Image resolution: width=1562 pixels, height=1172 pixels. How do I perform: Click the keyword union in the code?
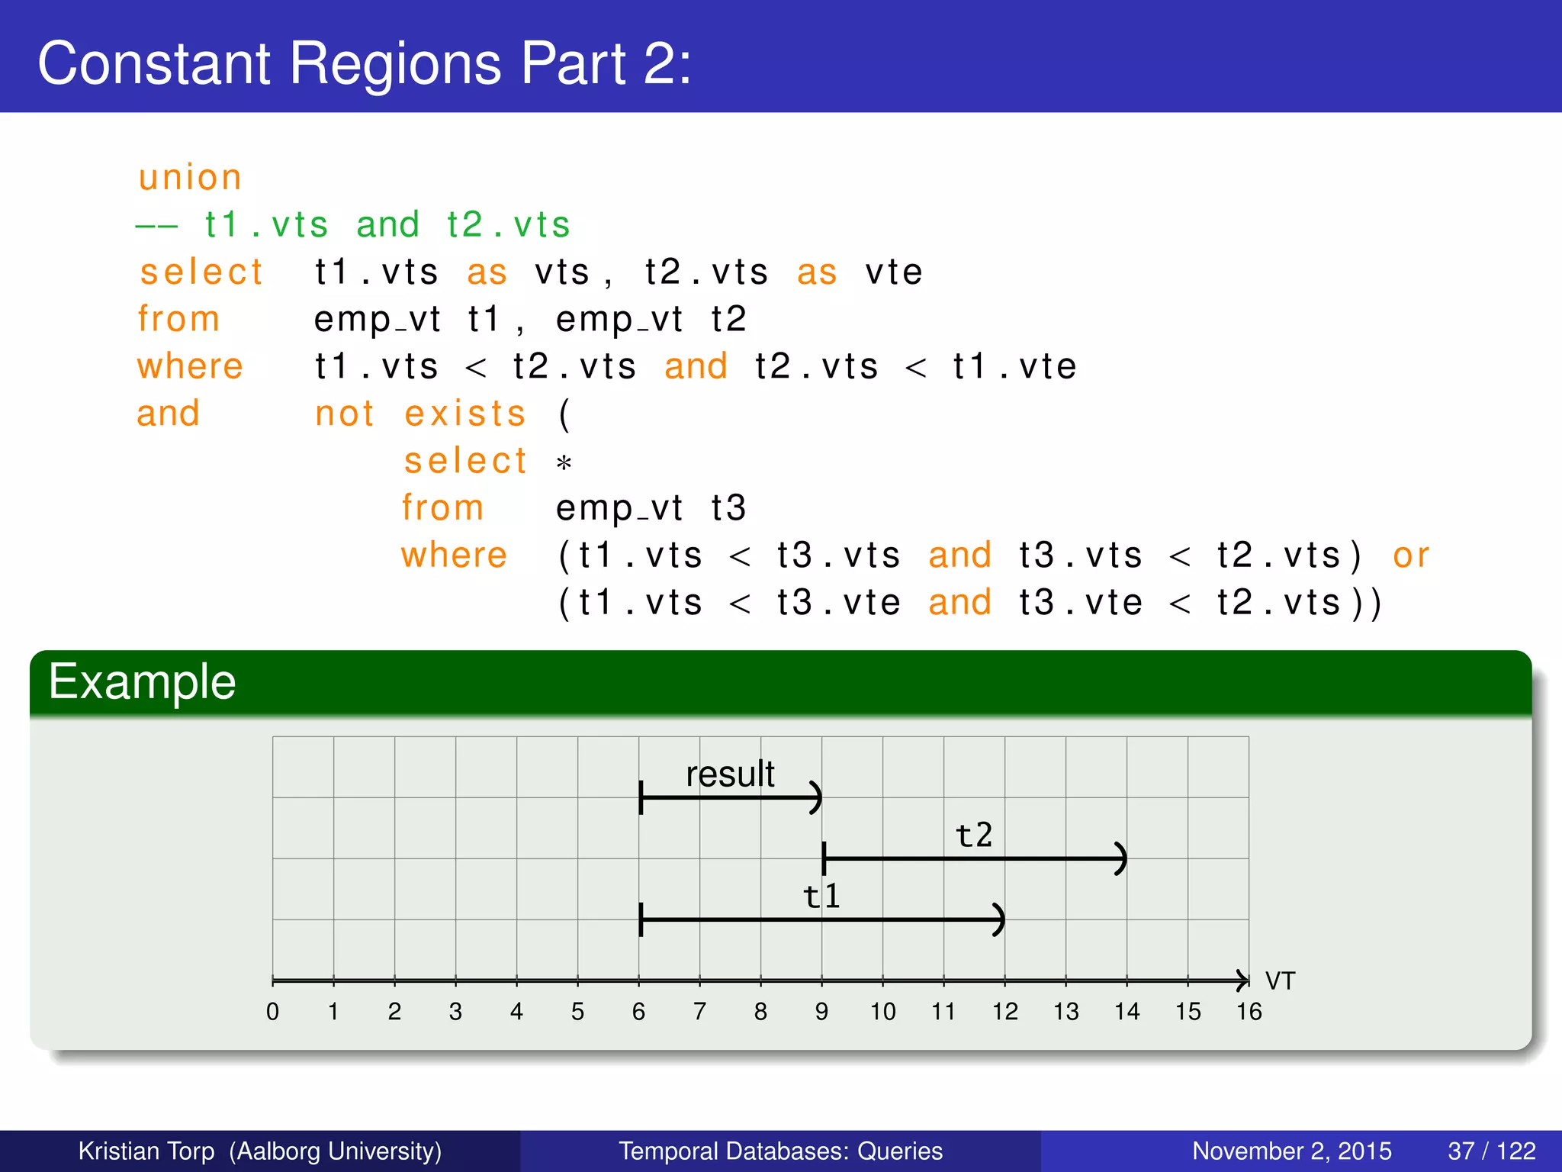pyautogui.click(x=190, y=178)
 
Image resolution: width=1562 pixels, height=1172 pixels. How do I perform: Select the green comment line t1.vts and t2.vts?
pyautogui.click(x=353, y=225)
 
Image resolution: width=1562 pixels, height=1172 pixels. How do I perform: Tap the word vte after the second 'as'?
pyautogui.click(x=894, y=272)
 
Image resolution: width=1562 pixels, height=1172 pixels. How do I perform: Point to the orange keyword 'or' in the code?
pyautogui.click(x=1410, y=555)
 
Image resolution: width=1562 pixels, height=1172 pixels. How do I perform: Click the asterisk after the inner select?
pyautogui.click(x=564, y=463)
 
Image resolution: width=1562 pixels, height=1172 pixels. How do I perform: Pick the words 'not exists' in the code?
pyautogui.click(x=420, y=414)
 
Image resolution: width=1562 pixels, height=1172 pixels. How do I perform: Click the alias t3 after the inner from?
pyautogui.click(x=728, y=508)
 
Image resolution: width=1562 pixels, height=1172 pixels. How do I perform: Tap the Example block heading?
pyautogui.click(x=143, y=681)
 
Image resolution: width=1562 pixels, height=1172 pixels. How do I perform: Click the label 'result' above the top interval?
pyautogui.click(x=730, y=774)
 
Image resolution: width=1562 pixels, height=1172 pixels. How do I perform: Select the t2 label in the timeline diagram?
pyautogui.click(x=974, y=835)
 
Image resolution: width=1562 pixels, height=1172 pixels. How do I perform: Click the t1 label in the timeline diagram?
pyautogui.click(x=822, y=896)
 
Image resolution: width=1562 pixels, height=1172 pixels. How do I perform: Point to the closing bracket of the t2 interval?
pyautogui.click(x=1120, y=858)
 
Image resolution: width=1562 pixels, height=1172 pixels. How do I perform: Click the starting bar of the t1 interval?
pyautogui.click(x=641, y=919)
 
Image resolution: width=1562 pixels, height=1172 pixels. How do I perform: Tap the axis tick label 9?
pyautogui.click(x=821, y=1012)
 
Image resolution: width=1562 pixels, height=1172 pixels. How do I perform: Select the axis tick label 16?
pyautogui.click(x=1249, y=1012)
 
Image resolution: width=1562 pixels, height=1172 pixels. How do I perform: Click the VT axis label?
pyautogui.click(x=1280, y=980)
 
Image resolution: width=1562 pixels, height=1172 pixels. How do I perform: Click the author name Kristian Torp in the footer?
pyautogui.click(x=146, y=1151)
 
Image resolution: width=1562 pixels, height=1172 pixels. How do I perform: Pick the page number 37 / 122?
pyautogui.click(x=1491, y=1151)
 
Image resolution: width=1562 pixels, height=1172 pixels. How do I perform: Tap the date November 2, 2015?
pyautogui.click(x=1291, y=1151)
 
